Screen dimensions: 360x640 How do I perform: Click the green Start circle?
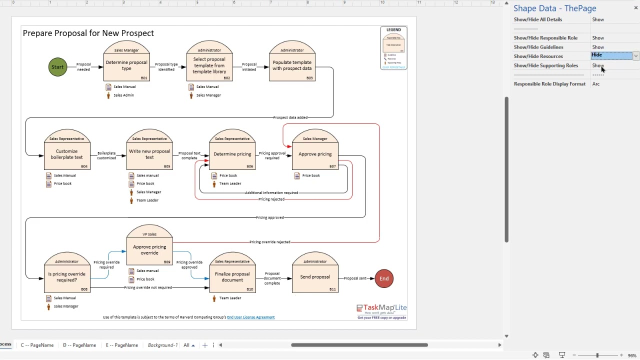click(57, 67)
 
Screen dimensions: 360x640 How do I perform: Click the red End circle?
click(384, 278)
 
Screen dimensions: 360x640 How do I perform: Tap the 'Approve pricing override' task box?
click(149, 250)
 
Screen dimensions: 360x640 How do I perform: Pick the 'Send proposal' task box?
click(315, 277)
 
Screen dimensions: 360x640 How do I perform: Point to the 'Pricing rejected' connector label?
click(271, 199)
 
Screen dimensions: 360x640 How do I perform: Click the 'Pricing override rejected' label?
click(270, 242)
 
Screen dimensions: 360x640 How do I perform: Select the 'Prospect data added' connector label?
click(290, 117)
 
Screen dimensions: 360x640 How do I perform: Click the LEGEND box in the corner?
click(393, 47)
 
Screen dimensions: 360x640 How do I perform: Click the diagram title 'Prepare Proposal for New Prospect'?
click(88, 33)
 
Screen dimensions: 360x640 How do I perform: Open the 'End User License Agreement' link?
click(250, 317)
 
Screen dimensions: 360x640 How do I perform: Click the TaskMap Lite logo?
click(381, 309)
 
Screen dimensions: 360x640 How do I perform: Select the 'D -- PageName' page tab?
click(79, 345)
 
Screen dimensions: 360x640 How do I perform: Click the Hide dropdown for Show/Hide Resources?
click(635, 56)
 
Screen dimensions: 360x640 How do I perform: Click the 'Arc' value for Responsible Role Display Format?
click(596, 84)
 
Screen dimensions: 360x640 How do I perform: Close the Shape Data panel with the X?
click(635, 8)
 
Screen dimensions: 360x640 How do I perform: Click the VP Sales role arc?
click(149, 233)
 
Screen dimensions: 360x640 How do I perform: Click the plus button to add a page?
click(204, 345)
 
